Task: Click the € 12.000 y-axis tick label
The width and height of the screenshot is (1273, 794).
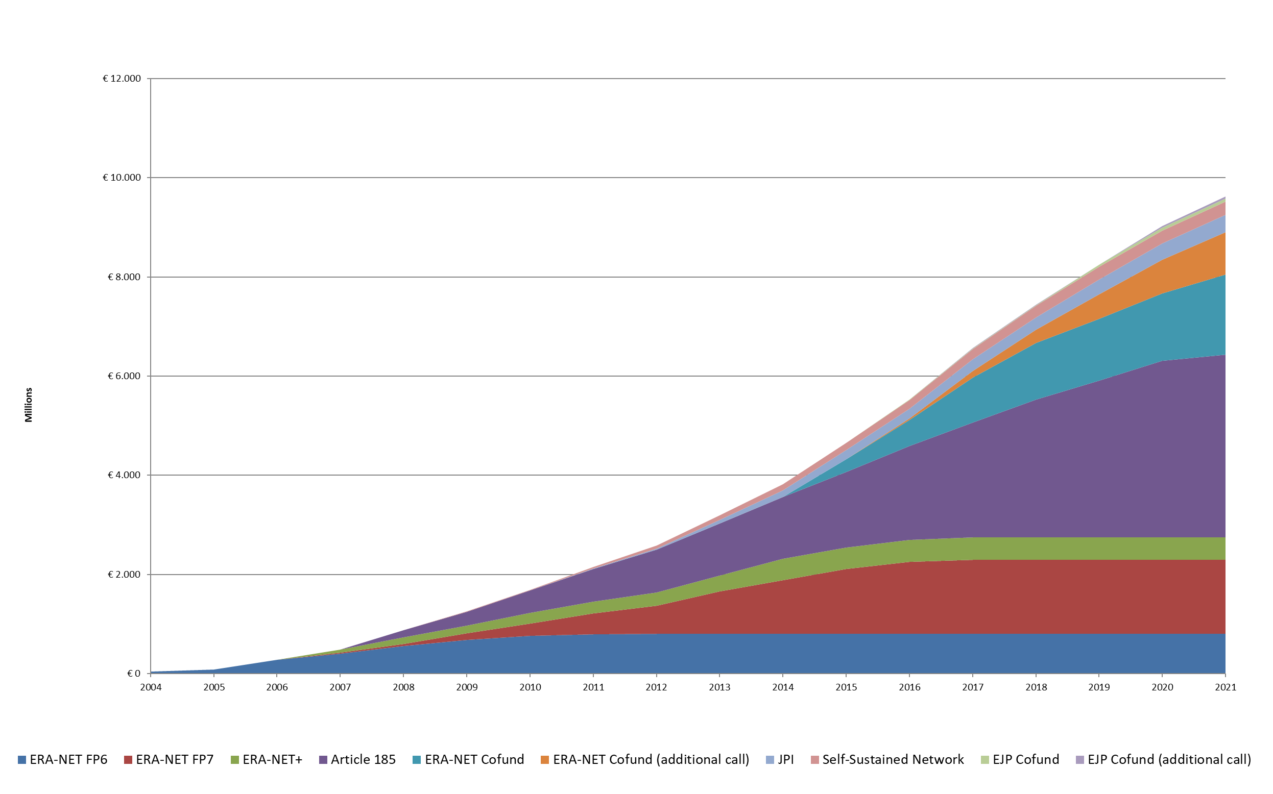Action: [122, 79]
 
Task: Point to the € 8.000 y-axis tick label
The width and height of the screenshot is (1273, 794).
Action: [124, 277]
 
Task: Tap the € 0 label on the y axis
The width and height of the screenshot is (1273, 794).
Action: [133, 674]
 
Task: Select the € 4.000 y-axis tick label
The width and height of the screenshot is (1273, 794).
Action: [124, 475]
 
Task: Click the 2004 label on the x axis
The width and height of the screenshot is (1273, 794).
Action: [151, 687]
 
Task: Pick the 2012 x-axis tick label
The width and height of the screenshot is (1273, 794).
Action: [656, 687]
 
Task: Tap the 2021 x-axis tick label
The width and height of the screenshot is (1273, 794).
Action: [1225, 687]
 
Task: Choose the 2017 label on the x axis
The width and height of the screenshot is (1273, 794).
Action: [972, 687]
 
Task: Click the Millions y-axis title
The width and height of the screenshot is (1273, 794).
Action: [29, 405]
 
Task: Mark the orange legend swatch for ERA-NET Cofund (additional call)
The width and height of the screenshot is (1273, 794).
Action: [545, 760]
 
